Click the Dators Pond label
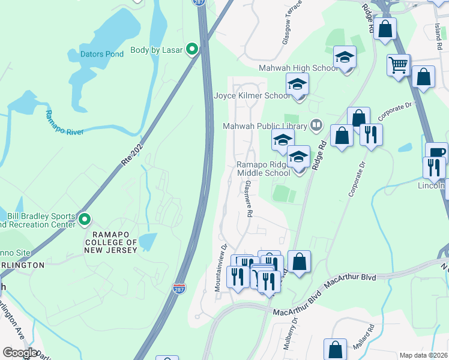point(102,54)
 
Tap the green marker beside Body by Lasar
point(192,49)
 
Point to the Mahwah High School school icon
point(345,58)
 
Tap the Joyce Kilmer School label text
point(252,95)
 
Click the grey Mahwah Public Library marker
point(316,125)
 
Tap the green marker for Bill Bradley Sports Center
point(85,220)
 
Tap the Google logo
point(20,352)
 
